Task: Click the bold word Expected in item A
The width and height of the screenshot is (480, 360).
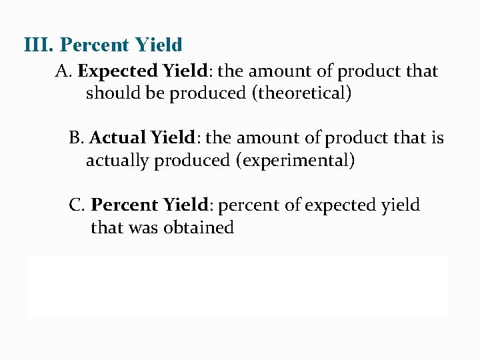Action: click(117, 71)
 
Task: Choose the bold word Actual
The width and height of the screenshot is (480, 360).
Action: click(117, 138)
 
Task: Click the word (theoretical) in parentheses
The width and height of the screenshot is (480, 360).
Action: click(301, 93)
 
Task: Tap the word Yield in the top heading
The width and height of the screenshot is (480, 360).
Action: click(158, 45)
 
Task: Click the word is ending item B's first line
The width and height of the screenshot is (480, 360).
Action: click(437, 138)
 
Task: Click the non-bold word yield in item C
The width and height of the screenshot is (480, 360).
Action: click(401, 205)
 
